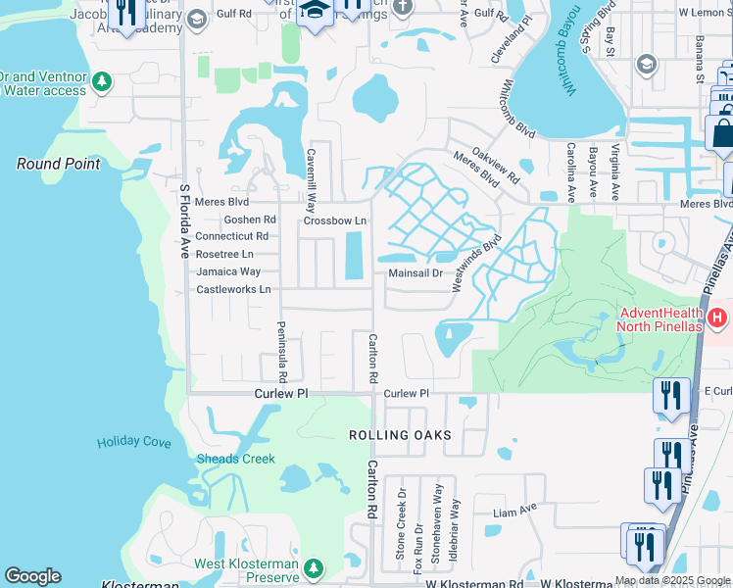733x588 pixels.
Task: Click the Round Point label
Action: [58, 164]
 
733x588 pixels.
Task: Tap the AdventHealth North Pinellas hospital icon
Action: [717, 318]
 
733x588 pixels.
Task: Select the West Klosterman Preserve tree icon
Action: [314, 568]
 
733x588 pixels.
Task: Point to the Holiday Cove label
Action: [134, 443]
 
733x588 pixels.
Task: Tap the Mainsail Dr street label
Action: [415, 273]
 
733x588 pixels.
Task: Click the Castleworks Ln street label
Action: [233, 289]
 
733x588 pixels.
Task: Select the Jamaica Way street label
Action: [228, 271]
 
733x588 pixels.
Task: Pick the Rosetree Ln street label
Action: [224, 254]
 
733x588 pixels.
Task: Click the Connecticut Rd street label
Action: [231, 236]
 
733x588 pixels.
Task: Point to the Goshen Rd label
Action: [250, 220]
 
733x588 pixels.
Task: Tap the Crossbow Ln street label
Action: [334, 220]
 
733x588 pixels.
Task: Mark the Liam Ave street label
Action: [515, 510]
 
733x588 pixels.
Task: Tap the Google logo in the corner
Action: [32, 576]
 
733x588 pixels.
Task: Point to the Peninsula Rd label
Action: [282, 352]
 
